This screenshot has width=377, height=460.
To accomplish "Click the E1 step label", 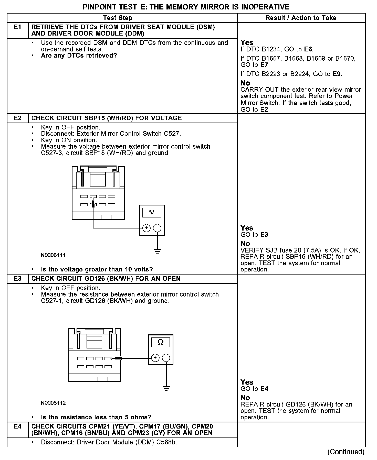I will click(17, 27).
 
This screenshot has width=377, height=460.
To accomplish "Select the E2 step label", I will click(17, 118).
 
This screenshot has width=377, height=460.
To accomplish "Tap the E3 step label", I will click(17, 279).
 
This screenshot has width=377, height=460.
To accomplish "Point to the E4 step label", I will click(17, 426).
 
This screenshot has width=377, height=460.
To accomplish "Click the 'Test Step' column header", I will click(118, 18).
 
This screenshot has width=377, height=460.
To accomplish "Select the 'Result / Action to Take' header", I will click(301, 18).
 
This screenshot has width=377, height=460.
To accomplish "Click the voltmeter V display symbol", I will click(152, 212).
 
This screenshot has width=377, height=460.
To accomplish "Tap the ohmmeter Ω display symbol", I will click(161, 342).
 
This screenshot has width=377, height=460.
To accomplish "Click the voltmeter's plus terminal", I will click(146, 228).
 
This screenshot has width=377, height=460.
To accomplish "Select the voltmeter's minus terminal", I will click(157, 228).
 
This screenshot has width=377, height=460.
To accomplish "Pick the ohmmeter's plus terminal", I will click(155, 358).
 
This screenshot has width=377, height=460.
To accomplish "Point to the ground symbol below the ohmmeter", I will click(166, 389).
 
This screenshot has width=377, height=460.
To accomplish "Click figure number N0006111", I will click(53, 255).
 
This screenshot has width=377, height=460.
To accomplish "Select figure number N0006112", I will click(53, 403).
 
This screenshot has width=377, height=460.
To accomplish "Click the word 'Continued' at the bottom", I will click(346, 452).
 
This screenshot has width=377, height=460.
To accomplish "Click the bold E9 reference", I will click(337, 74).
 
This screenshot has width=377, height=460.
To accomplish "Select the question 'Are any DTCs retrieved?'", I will click(79, 56).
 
